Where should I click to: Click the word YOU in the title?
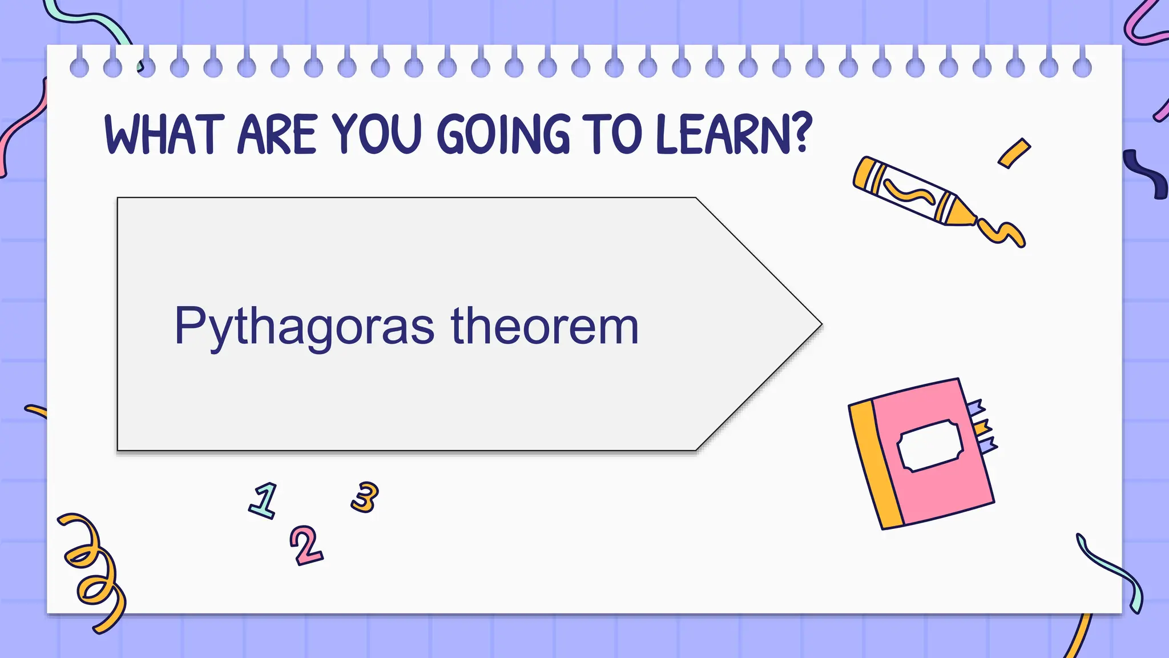[377, 134]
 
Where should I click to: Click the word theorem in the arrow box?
[545, 326]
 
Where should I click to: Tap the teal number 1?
[264, 500]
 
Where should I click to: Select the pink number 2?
[307, 545]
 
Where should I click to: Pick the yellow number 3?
[365, 496]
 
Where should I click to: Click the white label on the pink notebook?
[930, 446]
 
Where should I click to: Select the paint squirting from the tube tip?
[1002, 232]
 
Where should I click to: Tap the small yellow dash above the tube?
[1014, 153]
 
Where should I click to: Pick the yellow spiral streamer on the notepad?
[91, 565]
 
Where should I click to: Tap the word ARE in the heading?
[277, 134]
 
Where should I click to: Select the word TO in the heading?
[612, 134]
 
